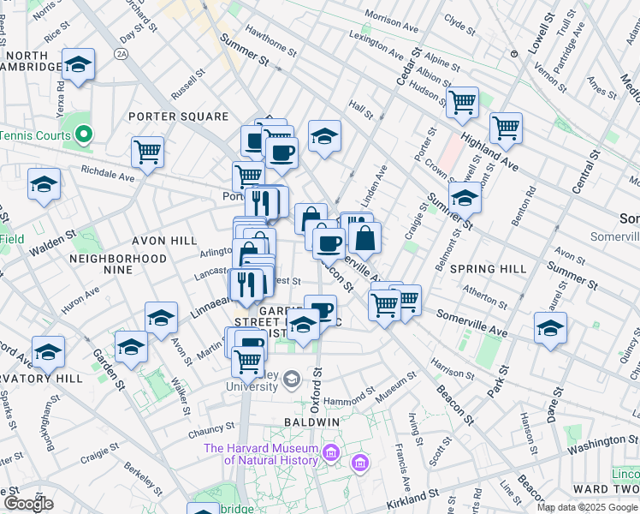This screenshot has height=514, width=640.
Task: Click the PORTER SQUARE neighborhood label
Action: pos(178,117)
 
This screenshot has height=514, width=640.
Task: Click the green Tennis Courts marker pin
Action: pos(83,134)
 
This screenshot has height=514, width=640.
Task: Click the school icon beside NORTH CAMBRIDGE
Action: pos(78,65)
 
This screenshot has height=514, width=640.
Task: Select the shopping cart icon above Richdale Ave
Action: pos(148,152)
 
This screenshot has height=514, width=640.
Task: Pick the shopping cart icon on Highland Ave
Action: pos(506,128)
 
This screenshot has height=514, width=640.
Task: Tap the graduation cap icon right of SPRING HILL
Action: pos(550,327)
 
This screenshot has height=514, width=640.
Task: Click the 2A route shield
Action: pos(121,53)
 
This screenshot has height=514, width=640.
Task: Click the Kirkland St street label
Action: pos(412,496)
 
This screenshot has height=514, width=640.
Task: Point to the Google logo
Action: pos(27,504)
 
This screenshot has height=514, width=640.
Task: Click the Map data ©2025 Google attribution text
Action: pos(586,507)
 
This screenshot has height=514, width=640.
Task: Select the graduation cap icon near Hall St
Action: pos(324,135)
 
